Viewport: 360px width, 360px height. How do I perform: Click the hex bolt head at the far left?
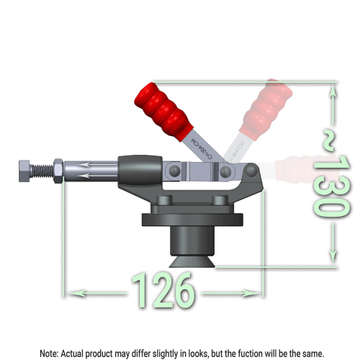[24, 171]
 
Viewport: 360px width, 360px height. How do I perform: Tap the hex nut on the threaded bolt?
[57, 171]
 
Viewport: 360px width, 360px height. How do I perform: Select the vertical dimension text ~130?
[330, 174]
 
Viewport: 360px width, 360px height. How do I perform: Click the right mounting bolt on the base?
[220, 201]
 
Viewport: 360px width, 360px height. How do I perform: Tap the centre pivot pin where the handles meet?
[225, 173]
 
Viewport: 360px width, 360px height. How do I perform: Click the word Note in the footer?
[48, 354]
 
